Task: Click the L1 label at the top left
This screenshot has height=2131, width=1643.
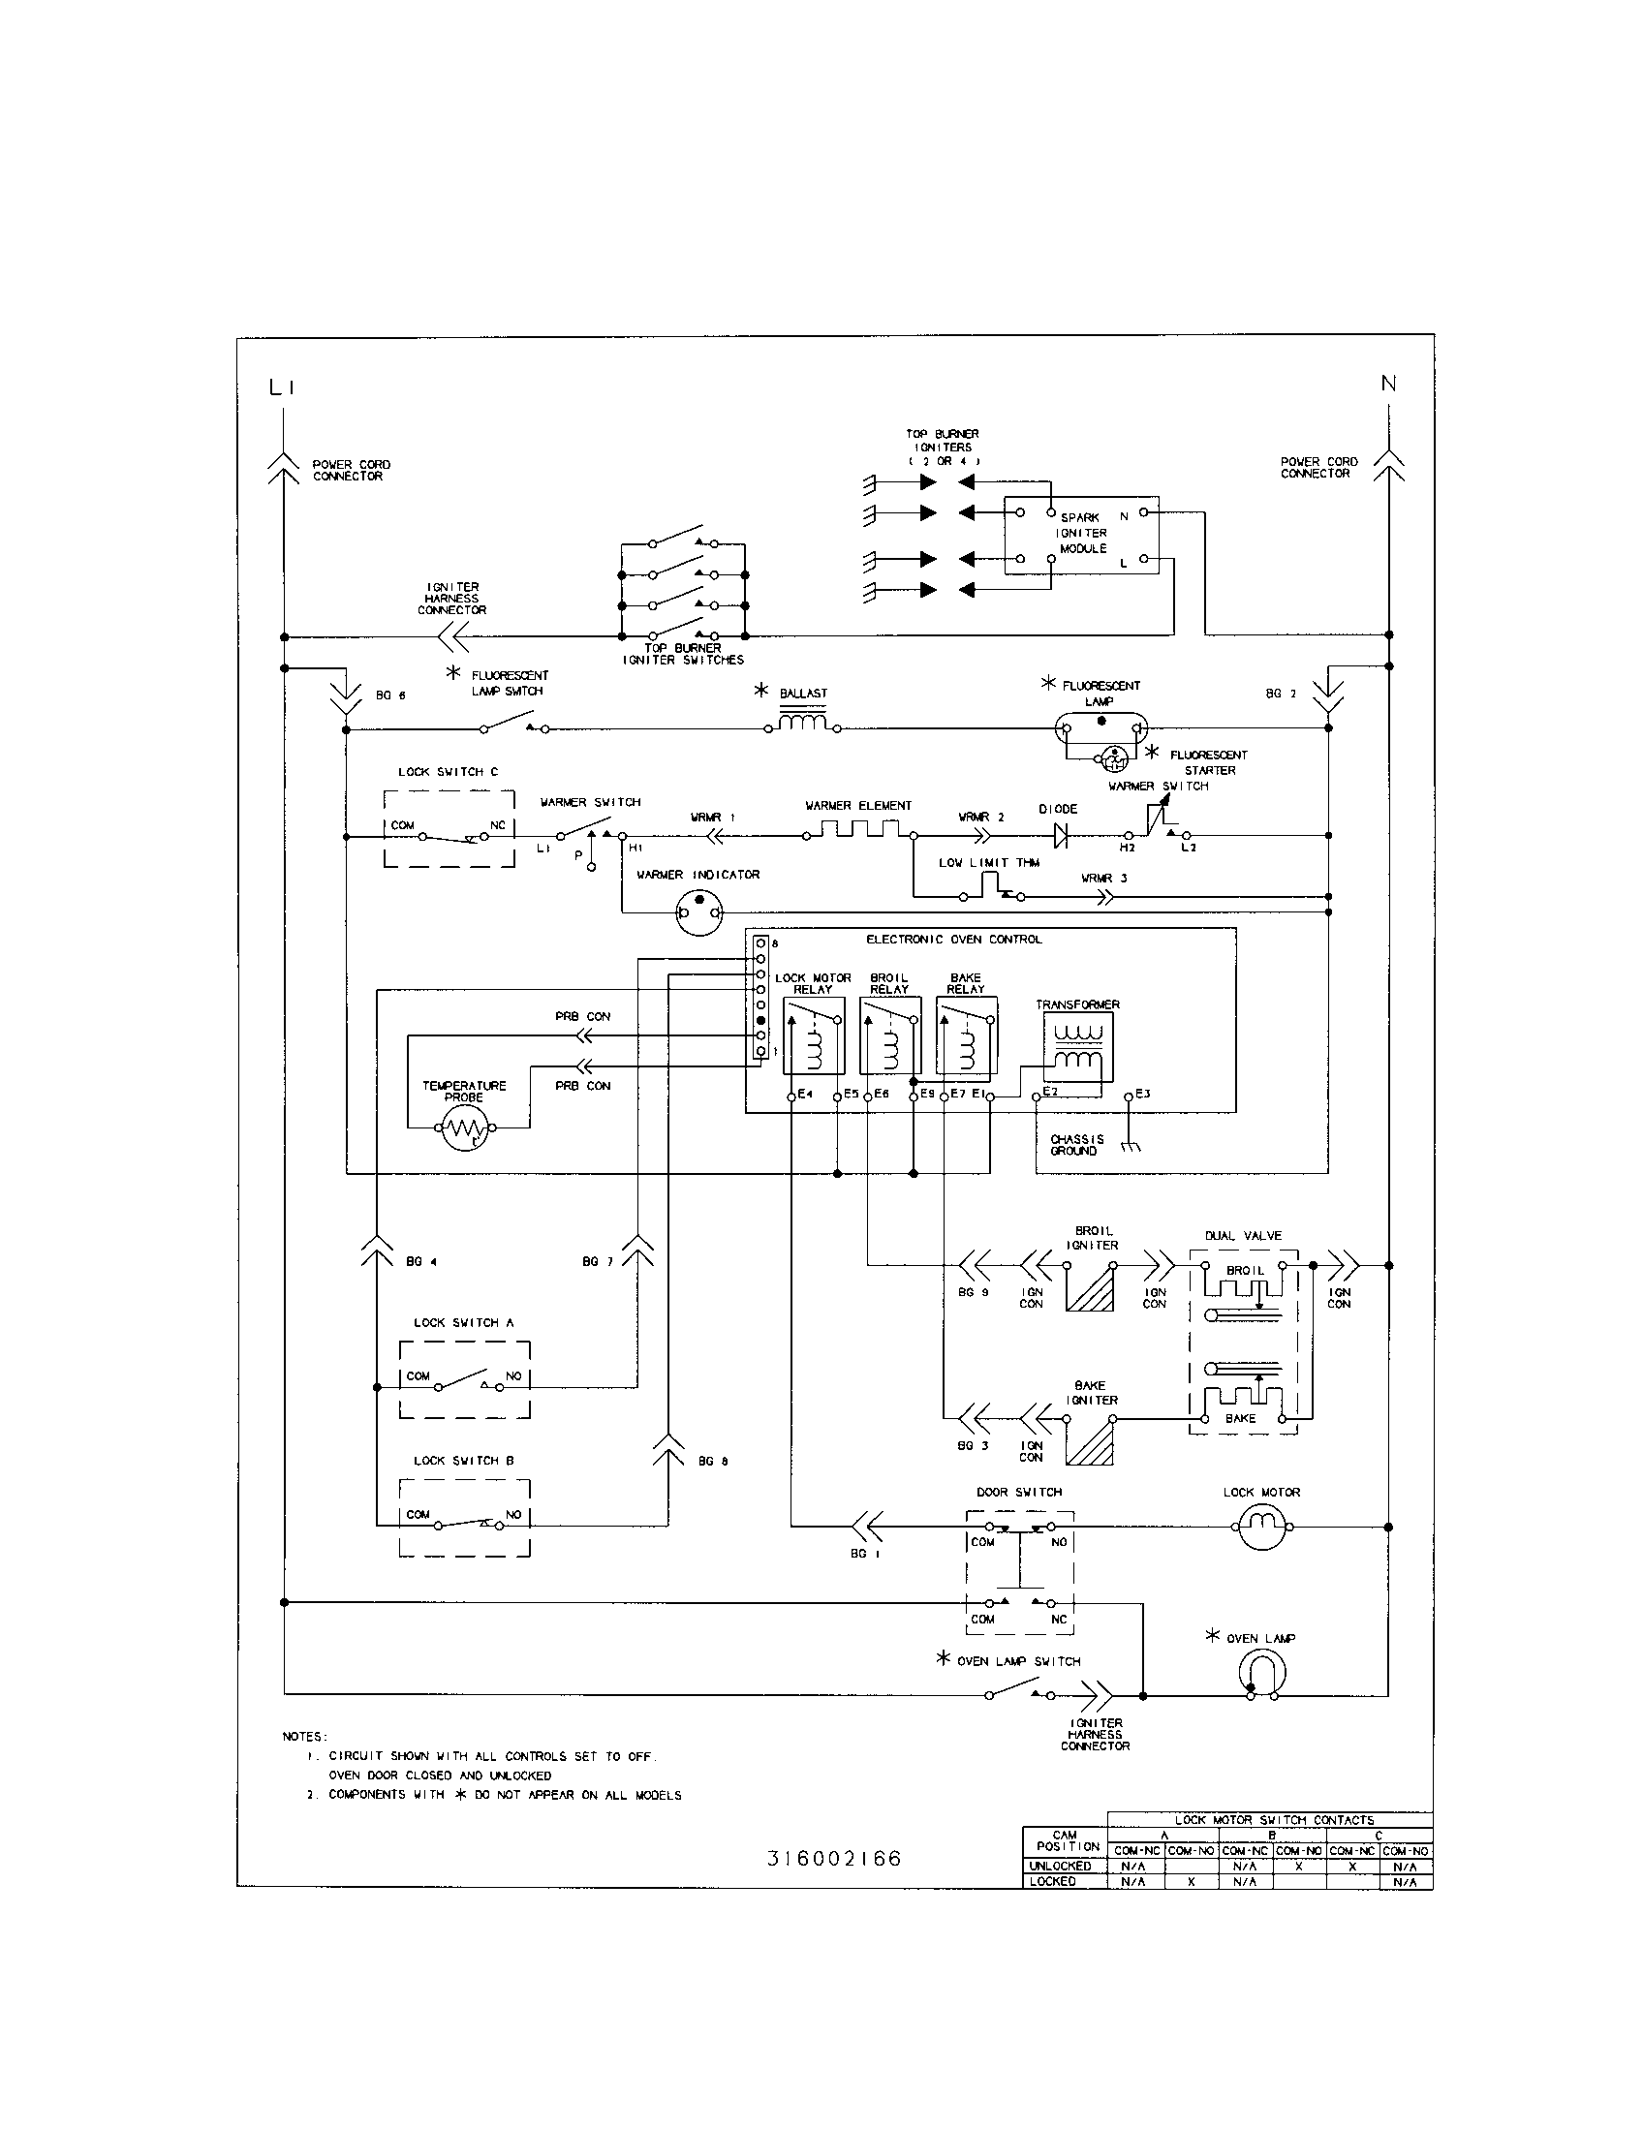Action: [x=282, y=388]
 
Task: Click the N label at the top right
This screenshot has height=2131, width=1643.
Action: [x=1388, y=384]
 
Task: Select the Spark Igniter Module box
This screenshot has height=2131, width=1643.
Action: [x=1081, y=534]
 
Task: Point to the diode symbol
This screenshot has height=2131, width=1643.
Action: [x=1062, y=835]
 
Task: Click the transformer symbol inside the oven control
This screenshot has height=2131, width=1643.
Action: [x=1077, y=1045]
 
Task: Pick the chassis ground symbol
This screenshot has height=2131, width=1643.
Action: [x=1130, y=1146]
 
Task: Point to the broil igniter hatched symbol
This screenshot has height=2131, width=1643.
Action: [x=1090, y=1287]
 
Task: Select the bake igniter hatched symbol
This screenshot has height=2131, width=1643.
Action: [x=1090, y=1441]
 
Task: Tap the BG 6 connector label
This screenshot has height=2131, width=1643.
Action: [x=389, y=695]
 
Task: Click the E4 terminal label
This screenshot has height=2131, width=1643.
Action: [x=805, y=1094]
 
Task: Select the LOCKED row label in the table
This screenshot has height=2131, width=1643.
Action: [x=1053, y=1881]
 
